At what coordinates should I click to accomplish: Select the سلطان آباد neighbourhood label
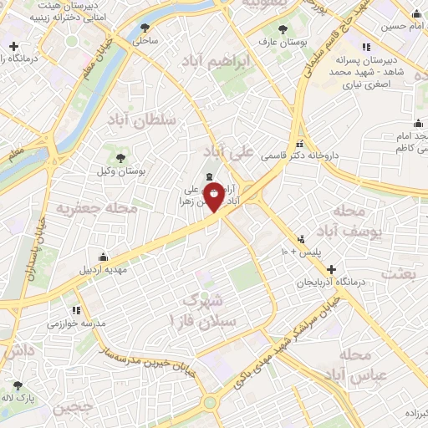(141, 120)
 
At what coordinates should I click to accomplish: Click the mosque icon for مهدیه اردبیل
(103, 257)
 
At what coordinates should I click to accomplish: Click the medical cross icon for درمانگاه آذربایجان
(333, 270)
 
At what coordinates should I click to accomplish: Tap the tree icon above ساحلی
(147, 27)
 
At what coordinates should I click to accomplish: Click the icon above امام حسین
(416, 14)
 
